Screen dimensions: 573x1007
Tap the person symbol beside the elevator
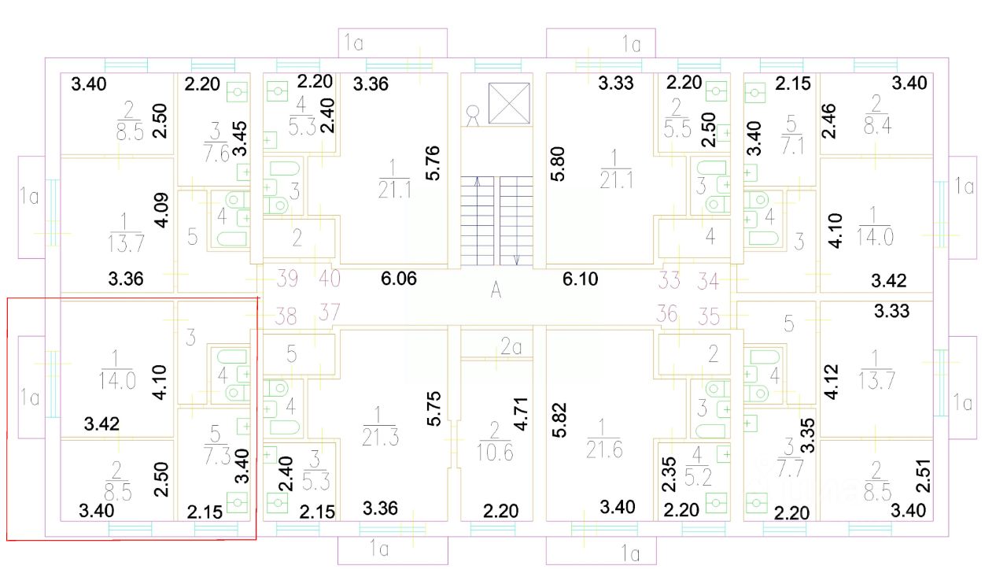[473, 116]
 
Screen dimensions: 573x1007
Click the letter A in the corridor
[496, 290]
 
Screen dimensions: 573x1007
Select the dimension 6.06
[399, 278]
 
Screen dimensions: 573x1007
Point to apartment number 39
[287, 277]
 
